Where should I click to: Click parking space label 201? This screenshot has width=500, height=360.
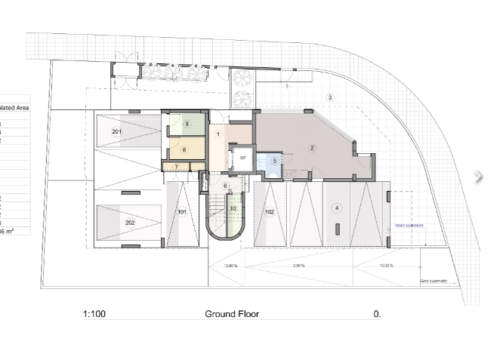tap(116, 132)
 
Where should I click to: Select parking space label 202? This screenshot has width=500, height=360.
tap(130, 223)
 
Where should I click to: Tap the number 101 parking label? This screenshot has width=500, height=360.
tap(182, 213)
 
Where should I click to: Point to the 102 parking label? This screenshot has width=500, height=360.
tap(270, 212)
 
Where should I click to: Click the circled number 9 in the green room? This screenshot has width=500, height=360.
tap(187, 123)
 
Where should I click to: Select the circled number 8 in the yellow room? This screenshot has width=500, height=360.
tap(184, 150)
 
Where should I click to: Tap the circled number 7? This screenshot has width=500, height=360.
tap(176, 167)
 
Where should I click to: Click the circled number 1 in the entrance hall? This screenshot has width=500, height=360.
tap(218, 134)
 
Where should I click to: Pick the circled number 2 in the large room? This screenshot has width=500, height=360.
tap(311, 148)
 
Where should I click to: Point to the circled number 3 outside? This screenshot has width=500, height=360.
tap(329, 98)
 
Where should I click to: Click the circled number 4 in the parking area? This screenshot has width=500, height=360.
tap(337, 208)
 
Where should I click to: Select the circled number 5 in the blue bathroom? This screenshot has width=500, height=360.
tap(275, 160)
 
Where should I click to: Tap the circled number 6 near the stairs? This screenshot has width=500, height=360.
tap(224, 186)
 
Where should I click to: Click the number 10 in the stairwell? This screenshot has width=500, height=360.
tap(233, 208)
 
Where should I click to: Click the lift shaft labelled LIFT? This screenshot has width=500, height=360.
tap(243, 158)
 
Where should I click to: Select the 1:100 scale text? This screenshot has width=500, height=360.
tap(94, 313)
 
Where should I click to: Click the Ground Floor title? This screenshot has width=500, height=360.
tap(231, 313)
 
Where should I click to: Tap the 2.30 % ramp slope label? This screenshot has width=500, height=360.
tap(300, 266)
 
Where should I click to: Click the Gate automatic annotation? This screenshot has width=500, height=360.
tap(434, 281)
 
